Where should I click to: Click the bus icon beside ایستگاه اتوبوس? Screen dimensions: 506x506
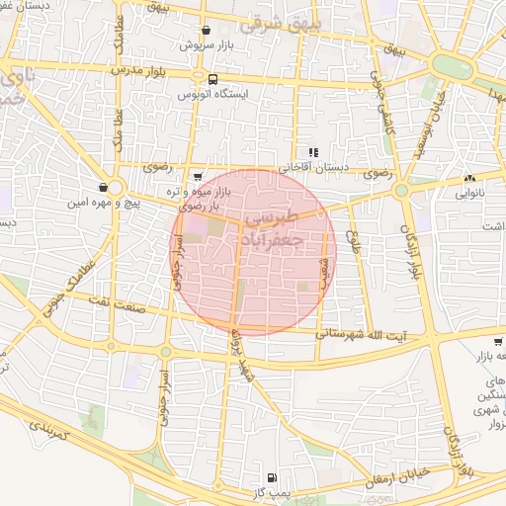coord(212,79)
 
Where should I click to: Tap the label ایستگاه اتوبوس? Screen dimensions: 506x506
coord(212,94)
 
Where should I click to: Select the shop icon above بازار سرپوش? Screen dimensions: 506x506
coord(205,31)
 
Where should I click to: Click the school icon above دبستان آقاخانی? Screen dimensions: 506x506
coord(313,152)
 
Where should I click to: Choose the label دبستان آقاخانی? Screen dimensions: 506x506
coord(313,167)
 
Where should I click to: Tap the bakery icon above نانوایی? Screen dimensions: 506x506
coord(469,179)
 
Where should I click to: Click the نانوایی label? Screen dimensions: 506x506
coord(469,194)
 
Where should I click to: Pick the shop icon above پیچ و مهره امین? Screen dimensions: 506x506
coord(103,187)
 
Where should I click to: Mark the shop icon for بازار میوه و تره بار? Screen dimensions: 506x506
coord(198,177)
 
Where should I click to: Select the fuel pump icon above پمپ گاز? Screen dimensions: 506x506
coord(273,476)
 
